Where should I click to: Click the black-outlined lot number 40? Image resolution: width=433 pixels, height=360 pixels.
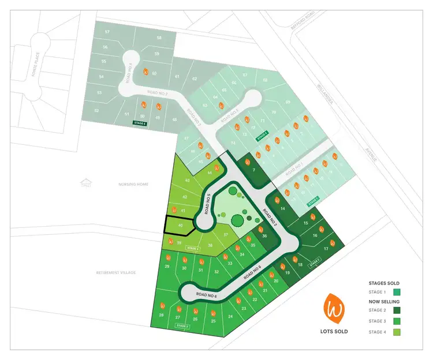181,225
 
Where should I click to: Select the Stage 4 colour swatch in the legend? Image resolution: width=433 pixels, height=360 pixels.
397,332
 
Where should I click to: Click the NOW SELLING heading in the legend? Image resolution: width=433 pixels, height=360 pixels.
384,301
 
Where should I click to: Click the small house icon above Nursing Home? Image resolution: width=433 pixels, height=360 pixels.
86,182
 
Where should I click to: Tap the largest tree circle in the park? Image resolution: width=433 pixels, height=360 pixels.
237,220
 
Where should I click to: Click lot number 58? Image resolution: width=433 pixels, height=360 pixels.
159,37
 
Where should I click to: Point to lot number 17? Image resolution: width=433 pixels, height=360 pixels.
326,249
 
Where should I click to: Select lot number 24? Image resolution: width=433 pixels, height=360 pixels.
230,316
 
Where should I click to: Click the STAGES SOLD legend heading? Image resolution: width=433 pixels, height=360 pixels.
384,283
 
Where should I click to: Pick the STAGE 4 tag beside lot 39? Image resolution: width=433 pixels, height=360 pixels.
193,249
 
